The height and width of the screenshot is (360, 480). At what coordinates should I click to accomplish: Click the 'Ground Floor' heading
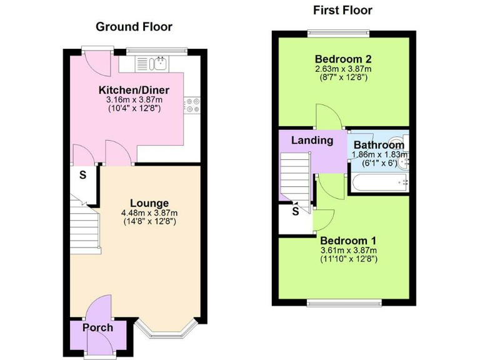point(134,27)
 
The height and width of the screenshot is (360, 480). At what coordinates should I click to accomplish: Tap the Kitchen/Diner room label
point(131,89)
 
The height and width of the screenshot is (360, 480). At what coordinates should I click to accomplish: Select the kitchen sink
point(154,62)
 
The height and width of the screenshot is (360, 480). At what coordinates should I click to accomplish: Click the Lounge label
point(149,203)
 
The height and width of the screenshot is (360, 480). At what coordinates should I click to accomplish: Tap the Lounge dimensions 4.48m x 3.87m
point(149,212)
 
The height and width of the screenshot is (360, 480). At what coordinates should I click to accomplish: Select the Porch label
point(98,327)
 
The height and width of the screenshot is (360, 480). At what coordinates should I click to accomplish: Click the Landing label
point(312,140)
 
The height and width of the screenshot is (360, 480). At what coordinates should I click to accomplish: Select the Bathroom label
point(379,146)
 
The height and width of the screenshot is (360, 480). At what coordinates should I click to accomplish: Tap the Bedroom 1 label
point(348,240)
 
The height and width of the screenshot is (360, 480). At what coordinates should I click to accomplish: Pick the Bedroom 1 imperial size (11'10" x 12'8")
point(349,258)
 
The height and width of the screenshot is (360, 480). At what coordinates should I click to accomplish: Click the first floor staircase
point(295,178)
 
